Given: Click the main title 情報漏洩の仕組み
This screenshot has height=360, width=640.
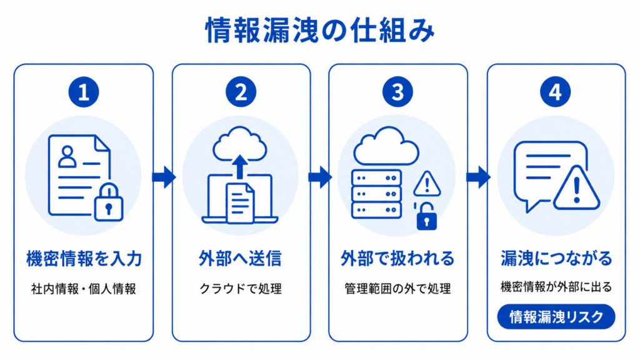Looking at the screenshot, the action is [x=320, y=30].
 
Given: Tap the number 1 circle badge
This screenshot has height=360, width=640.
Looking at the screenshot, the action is [x=84, y=92].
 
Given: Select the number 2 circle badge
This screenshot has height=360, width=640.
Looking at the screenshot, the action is [x=241, y=92].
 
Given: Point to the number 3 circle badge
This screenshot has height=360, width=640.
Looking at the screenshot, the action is [x=398, y=92].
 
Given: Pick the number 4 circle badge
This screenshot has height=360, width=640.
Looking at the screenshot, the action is [x=556, y=92].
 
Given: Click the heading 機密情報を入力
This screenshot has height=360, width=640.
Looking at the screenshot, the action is [x=84, y=258].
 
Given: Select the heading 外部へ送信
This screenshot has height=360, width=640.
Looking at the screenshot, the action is [x=241, y=258].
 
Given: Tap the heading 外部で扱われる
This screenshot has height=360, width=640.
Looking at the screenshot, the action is [x=397, y=258].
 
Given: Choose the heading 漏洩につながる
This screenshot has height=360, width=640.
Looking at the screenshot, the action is [x=556, y=258].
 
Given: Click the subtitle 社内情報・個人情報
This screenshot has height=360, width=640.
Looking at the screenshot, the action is [x=84, y=289].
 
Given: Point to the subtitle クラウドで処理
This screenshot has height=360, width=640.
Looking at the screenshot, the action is [x=241, y=289].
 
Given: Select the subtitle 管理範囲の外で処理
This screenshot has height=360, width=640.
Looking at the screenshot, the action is [x=398, y=289].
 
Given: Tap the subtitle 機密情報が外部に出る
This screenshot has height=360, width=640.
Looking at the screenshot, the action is [x=556, y=287].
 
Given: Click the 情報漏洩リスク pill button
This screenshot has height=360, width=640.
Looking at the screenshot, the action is [x=556, y=317].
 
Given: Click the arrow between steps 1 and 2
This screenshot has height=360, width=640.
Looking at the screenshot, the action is [x=164, y=177].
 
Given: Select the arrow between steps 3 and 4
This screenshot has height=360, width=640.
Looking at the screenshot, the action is [x=478, y=177].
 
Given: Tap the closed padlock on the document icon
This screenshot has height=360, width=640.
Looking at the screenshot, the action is [x=109, y=202].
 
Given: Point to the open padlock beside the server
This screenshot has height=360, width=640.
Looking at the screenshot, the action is [x=426, y=216].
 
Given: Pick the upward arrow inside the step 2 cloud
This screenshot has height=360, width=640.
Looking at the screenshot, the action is [x=240, y=166].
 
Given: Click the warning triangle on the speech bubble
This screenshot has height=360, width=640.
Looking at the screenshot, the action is [x=576, y=188].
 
